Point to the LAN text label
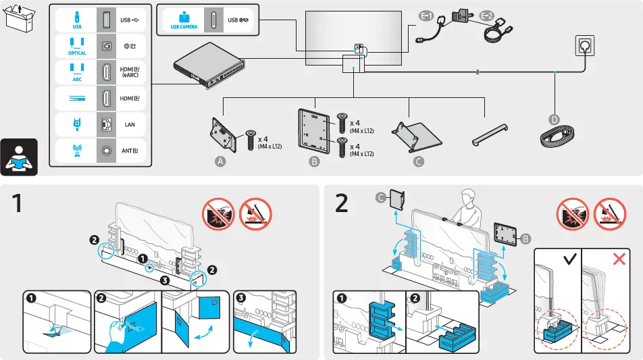pyautogui.click(x=130, y=125)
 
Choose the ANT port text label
pyautogui.click(x=130, y=151)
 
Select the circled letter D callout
pyautogui.click(x=555, y=120)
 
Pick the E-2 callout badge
pyautogui.click(x=487, y=15)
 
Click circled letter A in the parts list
pyautogui.click(x=220, y=161)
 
